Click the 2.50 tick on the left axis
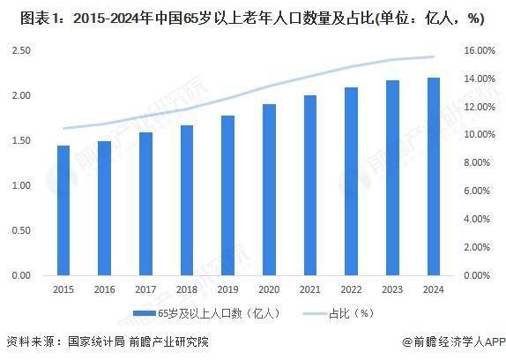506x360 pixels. click(x=22, y=51)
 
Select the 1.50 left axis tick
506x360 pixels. click(x=22, y=141)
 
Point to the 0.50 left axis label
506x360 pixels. click(x=22, y=231)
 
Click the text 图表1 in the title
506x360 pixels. click(x=26, y=18)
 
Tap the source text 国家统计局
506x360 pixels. click(x=93, y=341)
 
